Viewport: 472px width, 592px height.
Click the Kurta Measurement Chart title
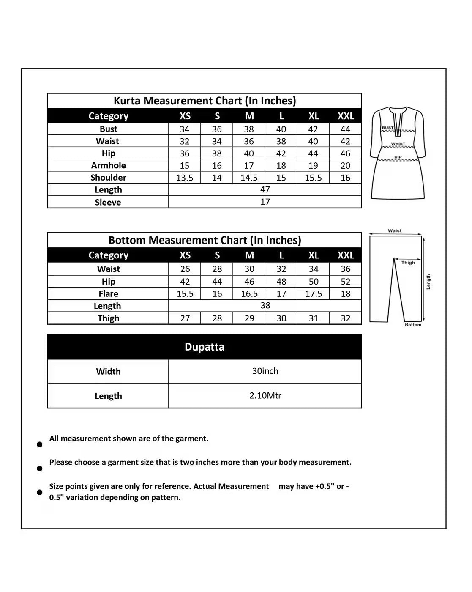205,101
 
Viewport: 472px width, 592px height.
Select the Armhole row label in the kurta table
108,165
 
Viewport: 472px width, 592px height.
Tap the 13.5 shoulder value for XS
185,178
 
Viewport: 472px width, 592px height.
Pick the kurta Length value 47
265,189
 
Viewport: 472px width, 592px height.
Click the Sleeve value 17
265,202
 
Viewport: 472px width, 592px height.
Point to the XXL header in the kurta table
346,116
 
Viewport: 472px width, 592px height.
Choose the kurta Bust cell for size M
249,129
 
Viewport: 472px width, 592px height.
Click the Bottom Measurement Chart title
205,240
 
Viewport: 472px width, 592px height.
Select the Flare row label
108,293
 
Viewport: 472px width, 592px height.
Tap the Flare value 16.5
249,293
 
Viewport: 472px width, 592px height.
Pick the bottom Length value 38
265,305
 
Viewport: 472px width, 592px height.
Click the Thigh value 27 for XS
185,318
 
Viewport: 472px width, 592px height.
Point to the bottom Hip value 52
346,281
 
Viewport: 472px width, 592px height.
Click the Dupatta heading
205,347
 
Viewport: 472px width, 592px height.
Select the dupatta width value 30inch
265,371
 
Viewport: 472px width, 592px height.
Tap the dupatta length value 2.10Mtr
265,395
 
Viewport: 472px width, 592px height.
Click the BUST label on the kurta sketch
387,128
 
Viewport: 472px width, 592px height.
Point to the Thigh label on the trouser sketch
408,263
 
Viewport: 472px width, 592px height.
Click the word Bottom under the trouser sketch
413,325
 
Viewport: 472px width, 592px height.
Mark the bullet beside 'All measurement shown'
40,444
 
